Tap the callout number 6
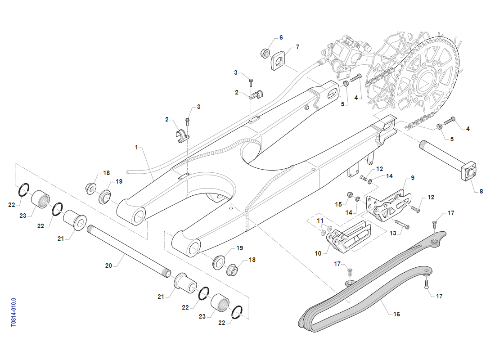(281, 37)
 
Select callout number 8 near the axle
(481, 191)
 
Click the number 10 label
(318, 253)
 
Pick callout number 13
(393, 233)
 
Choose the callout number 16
(396, 314)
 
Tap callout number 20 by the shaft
(108, 265)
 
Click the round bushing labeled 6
(265, 53)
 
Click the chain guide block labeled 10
(350, 238)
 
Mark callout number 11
(320, 220)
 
